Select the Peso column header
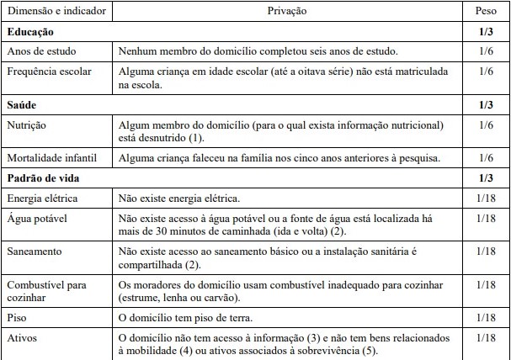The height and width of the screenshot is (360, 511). pos(486,13)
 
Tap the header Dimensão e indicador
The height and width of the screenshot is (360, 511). pos(56,13)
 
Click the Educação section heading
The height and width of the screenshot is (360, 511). pos(30,32)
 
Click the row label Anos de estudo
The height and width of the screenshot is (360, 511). pos(40,50)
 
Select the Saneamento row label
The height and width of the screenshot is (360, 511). pos(35,252)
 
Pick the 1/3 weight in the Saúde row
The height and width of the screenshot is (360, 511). pos(486,105)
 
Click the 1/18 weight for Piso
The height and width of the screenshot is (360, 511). pos(486,318)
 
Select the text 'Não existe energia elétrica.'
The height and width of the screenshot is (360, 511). pos(179,198)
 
